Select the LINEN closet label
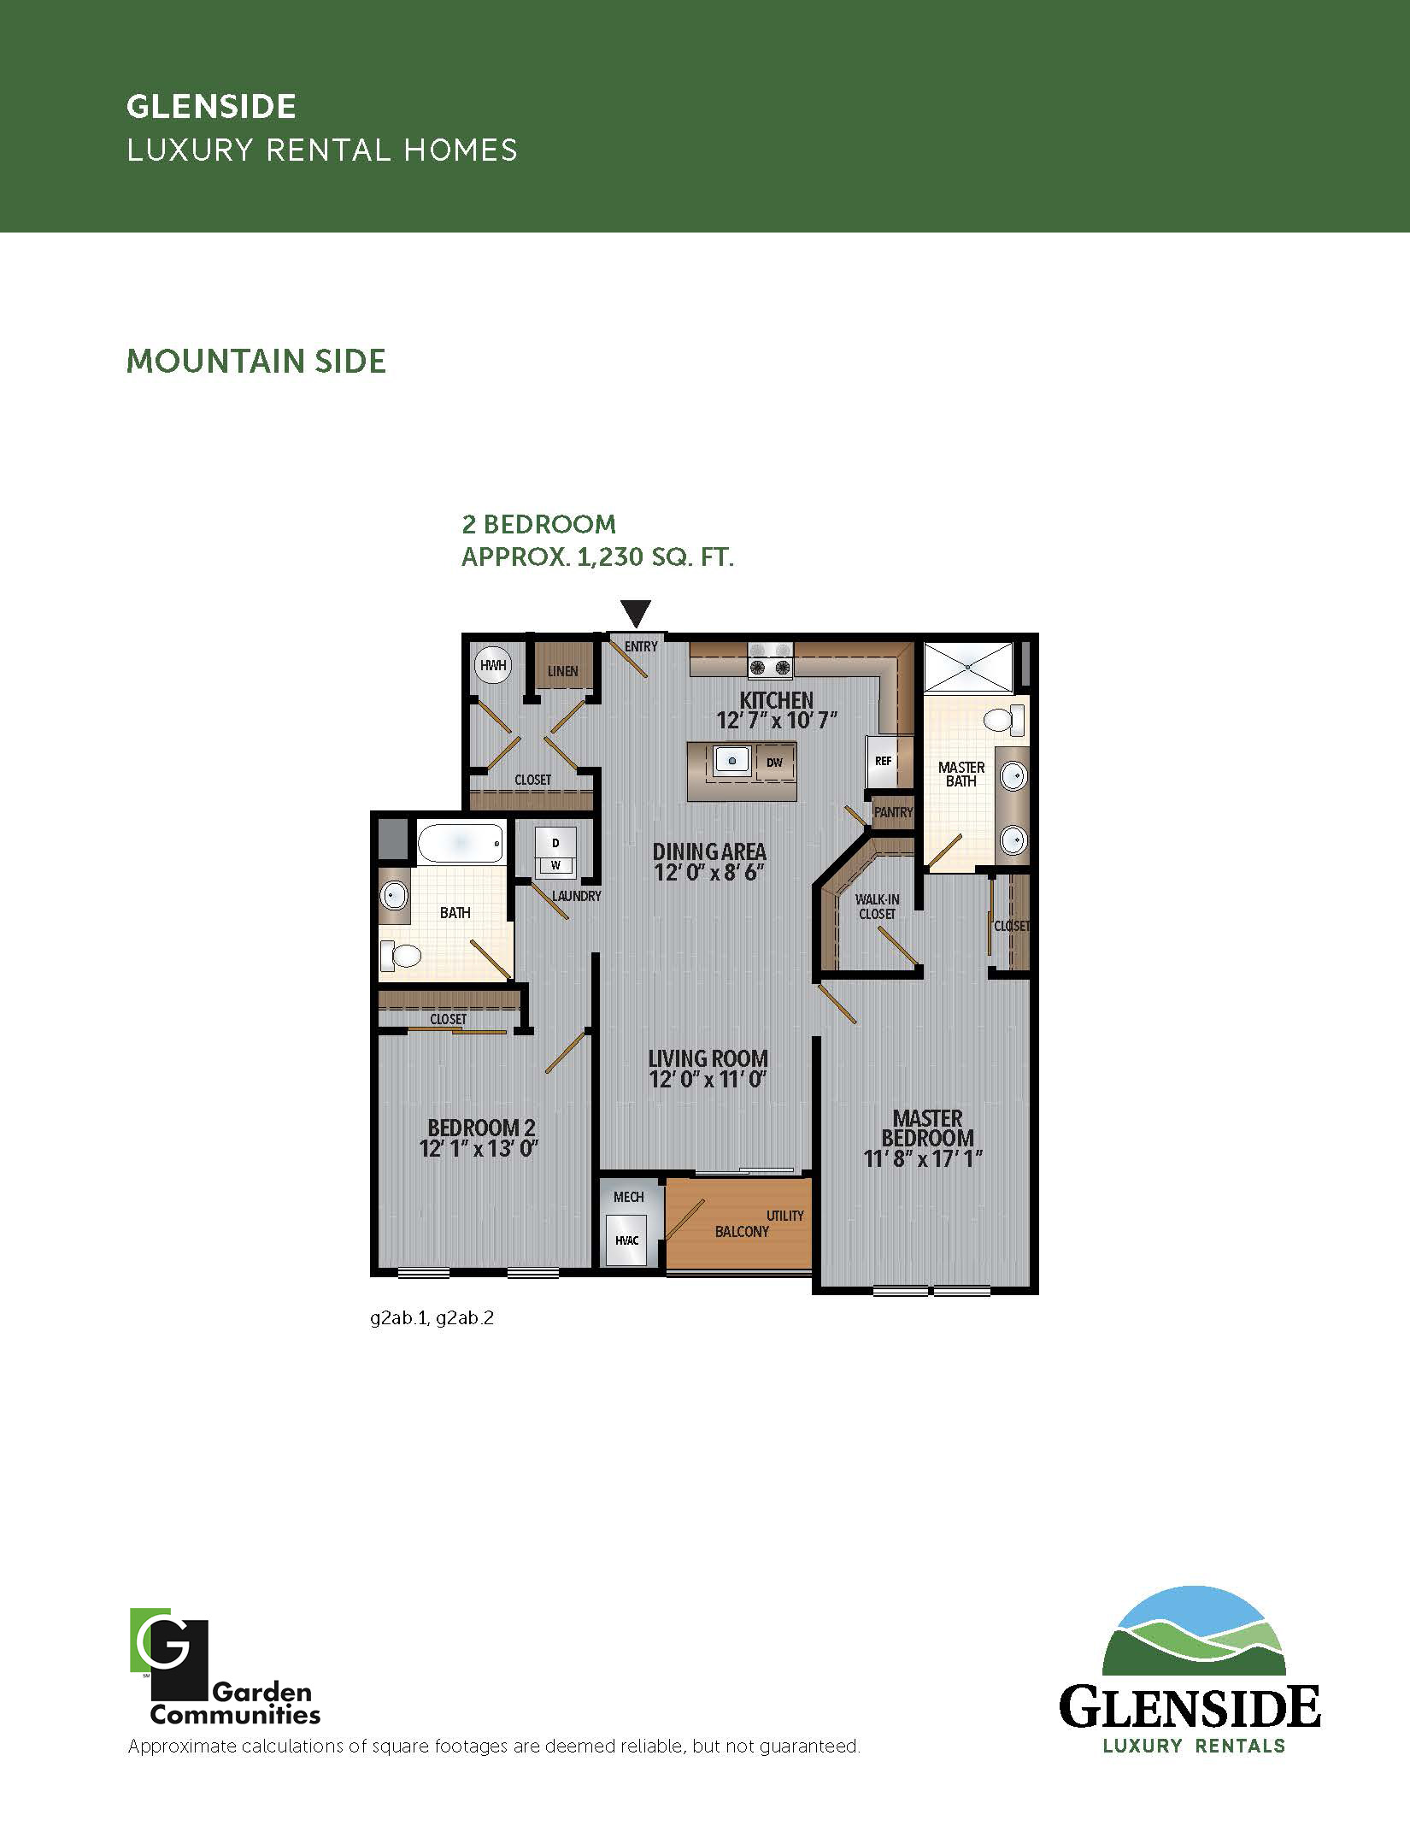click(x=562, y=671)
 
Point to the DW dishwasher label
click(x=774, y=763)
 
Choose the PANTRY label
click(x=893, y=812)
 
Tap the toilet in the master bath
click(x=1003, y=719)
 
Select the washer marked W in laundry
click(x=555, y=865)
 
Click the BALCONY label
click(x=742, y=1231)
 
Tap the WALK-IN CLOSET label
click(x=877, y=906)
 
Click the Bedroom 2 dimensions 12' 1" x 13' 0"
click(x=479, y=1148)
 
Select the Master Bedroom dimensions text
click(x=923, y=1158)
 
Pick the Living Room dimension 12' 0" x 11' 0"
click(x=708, y=1079)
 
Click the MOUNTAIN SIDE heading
click(x=256, y=361)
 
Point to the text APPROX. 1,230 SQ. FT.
click(x=597, y=557)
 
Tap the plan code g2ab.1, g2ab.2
click(x=432, y=1317)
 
